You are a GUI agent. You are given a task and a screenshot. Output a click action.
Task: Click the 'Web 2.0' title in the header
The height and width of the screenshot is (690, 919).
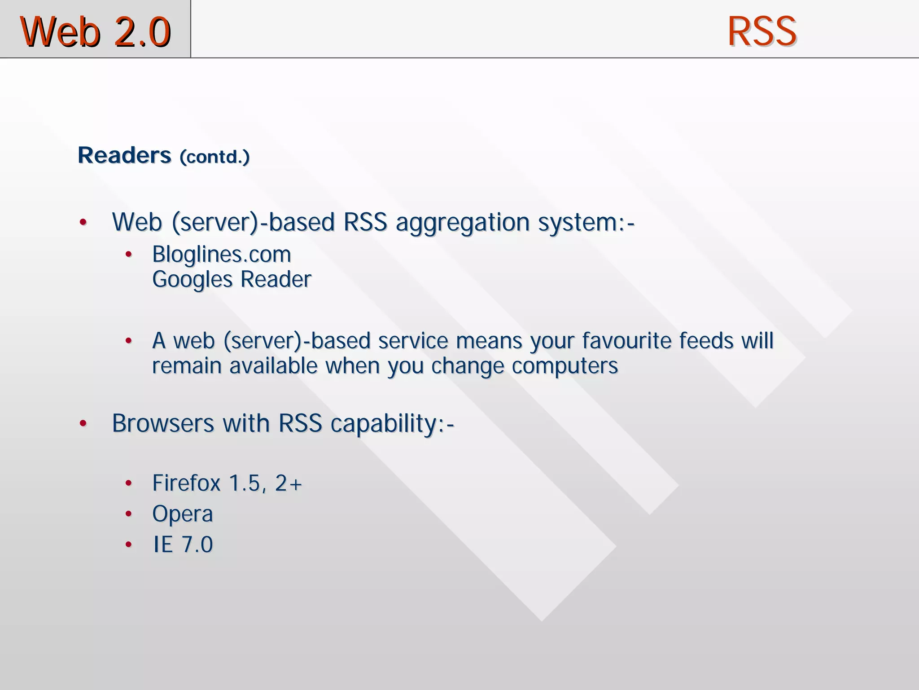click(95, 31)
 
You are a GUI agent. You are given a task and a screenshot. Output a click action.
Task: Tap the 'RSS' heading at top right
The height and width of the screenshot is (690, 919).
click(761, 31)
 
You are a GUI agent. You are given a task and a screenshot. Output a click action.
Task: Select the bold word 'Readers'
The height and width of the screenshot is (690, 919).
click(124, 155)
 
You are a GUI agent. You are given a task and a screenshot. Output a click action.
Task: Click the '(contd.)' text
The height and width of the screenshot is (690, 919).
click(214, 157)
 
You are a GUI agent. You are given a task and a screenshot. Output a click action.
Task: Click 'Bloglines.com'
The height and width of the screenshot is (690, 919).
click(222, 255)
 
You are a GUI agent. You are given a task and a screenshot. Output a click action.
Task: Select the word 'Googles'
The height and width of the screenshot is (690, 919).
click(192, 280)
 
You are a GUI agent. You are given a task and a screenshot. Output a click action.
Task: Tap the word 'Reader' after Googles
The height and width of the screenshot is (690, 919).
click(276, 279)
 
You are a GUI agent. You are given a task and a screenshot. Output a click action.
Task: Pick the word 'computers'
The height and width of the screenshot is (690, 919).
click(565, 366)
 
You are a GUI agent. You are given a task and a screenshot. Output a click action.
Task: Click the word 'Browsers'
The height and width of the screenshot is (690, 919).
click(163, 423)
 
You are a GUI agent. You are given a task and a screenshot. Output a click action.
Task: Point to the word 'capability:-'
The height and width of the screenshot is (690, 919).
click(392, 424)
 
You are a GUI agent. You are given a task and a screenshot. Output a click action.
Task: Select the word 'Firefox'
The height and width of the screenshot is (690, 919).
click(186, 483)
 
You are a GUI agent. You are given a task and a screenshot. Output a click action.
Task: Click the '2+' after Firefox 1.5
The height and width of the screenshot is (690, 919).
click(288, 483)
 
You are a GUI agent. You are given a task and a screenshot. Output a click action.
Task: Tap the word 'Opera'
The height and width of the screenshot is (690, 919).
click(182, 514)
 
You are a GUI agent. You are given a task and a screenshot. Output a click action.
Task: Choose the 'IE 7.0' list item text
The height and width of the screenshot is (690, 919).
click(183, 545)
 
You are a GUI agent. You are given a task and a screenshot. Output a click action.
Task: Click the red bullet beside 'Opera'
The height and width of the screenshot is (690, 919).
click(129, 514)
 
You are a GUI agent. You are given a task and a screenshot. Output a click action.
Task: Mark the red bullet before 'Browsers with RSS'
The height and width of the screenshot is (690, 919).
click(83, 423)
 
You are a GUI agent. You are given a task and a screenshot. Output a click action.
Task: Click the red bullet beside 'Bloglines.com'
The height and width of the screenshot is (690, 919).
click(129, 255)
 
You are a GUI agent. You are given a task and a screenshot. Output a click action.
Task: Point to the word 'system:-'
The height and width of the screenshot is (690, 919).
click(586, 223)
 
